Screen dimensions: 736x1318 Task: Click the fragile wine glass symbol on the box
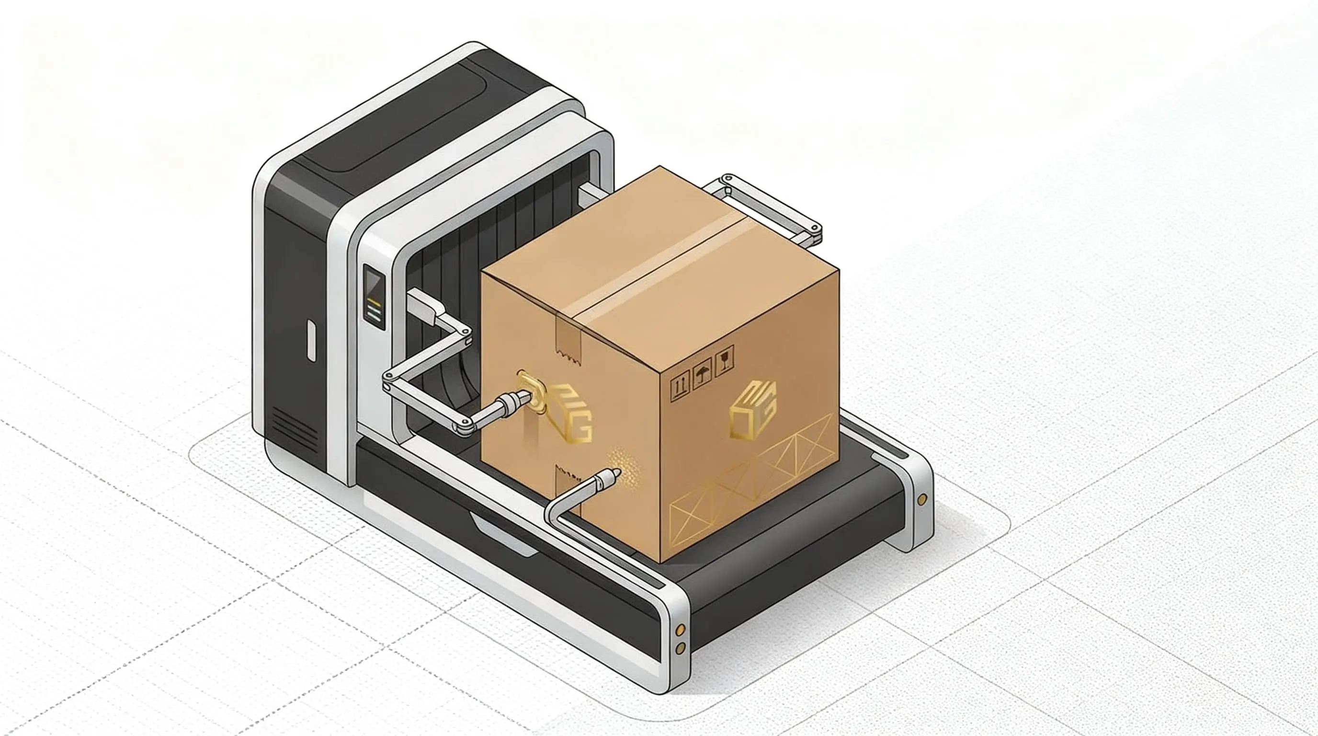tap(725, 359)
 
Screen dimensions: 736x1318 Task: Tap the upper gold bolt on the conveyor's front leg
tap(681, 629)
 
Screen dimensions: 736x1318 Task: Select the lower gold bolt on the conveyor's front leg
tap(681, 648)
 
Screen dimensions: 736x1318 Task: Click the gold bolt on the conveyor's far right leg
tap(922, 499)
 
